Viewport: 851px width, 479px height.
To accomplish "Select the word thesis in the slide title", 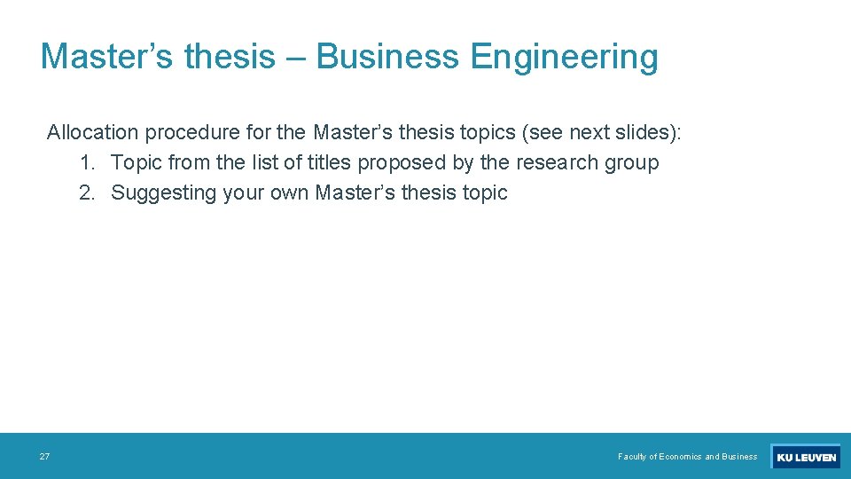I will point(230,57).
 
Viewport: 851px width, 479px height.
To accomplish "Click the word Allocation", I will point(92,133).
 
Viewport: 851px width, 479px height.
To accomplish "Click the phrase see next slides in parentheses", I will point(601,133).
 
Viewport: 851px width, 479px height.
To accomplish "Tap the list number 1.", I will point(86,163).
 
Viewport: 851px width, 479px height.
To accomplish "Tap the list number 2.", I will point(86,193).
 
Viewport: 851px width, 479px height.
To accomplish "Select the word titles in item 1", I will point(328,163).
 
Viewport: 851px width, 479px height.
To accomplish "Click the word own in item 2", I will point(289,193).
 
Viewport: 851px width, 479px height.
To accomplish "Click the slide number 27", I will point(44,457).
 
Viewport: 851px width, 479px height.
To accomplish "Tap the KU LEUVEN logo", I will point(805,458).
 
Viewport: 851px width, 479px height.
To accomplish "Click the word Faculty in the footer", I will point(632,457).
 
